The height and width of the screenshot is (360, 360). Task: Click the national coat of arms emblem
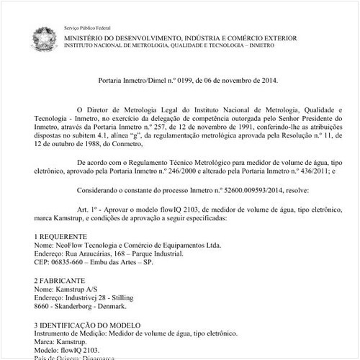[43, 37]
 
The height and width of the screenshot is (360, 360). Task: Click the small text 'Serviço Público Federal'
[84, 27]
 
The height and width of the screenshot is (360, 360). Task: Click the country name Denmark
[107, 305]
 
